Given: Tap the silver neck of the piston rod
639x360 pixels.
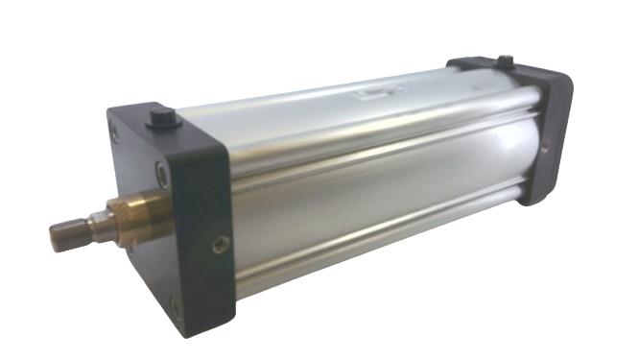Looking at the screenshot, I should click(97, 225).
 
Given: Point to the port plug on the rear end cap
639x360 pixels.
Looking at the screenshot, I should click(503, 63).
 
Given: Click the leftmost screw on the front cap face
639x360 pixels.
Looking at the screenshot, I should click(115, 132).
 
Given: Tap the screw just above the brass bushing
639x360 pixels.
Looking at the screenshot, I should click(162, 174).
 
